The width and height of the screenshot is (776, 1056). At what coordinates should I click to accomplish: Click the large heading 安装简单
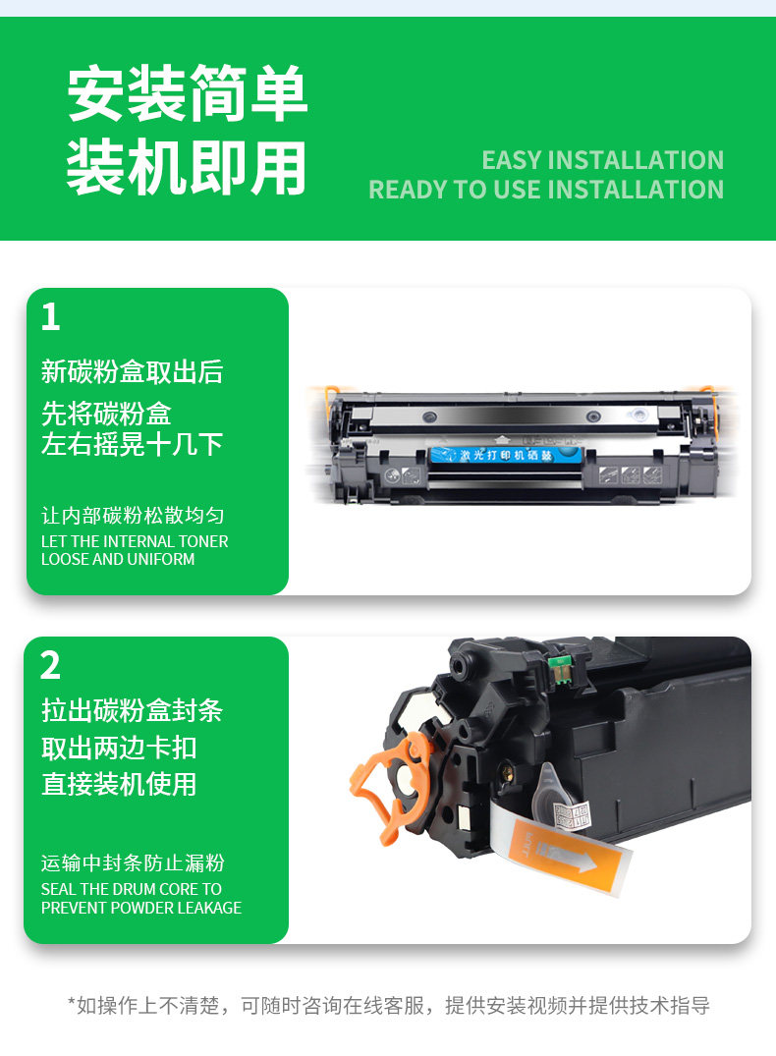coord(188,93)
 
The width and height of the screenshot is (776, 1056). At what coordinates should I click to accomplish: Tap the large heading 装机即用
coord(187,167)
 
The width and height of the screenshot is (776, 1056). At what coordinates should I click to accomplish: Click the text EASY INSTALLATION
coord(603,160)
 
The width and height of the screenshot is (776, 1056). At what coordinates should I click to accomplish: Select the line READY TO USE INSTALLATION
coord(546,190)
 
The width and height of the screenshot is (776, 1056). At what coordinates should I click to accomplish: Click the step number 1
coord(50,316)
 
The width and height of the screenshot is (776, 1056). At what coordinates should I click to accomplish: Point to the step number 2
coord(50,665)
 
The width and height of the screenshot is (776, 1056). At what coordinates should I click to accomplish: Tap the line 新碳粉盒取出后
coord(132,371)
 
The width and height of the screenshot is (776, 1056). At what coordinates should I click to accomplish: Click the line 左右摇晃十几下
coord(132,444)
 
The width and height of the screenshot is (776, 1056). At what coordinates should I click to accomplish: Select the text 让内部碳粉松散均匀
coord(133,516)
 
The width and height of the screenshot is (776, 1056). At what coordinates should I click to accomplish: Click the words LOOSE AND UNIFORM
coord(118,559)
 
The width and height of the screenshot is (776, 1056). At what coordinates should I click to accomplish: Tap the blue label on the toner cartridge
coord(505,455)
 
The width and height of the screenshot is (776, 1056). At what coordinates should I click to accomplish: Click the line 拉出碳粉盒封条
coord(132,710)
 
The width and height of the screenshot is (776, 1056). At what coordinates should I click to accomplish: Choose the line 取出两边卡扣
coord(119,748)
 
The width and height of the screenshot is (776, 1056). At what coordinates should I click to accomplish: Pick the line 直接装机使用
coord(119,785)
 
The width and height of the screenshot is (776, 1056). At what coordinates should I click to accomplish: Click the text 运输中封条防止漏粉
coord(133,863)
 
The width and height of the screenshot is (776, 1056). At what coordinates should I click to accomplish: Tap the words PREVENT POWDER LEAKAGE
coord(141,908)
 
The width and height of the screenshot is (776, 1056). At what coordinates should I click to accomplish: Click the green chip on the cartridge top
coord(559,670)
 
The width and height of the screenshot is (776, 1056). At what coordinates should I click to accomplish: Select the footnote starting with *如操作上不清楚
coord(389,1006)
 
